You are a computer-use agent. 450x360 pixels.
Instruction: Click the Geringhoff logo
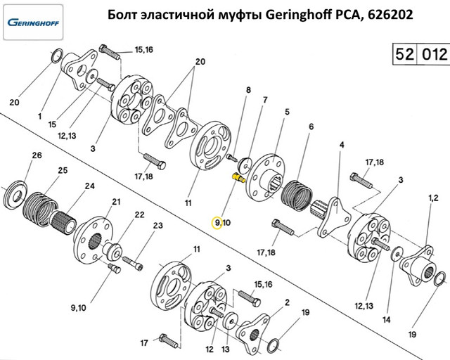click(x=33, y=22)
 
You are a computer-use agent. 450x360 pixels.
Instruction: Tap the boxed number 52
click(x=405, y=54)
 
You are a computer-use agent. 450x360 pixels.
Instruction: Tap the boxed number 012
click(x=435, y=54)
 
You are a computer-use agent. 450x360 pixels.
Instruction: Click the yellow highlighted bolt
click(x=238, y=177)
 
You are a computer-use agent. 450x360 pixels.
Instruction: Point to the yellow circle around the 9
click(x=217, y=223)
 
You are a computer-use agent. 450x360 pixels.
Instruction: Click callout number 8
click(x=248, y=90)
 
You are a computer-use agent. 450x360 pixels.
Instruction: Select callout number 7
click(x=265, y=100)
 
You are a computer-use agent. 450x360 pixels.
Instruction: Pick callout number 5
click(x=287, y=112)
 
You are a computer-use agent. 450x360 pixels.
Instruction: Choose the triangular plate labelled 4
click(x=334, y=217)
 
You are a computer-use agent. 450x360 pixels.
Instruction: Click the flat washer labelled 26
click(x=16, y=195)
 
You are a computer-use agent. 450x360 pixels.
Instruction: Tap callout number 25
click(x=63, y=170)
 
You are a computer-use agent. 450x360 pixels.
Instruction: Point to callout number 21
click(x=116, y=202)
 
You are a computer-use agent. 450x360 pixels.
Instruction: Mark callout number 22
click(x=139, y=214)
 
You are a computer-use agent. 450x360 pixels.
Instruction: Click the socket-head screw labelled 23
click(x=133, y=263)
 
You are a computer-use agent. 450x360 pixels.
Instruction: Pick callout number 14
click(x=387, y=319)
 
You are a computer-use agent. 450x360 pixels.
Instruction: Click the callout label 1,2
click(x=433, y=198)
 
